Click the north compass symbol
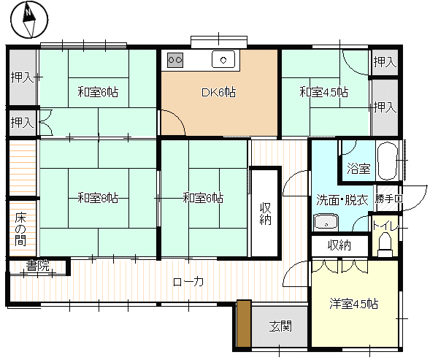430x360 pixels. click(29, 19)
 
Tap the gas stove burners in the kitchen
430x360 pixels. click(175, 60)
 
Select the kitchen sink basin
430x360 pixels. click(223, 59)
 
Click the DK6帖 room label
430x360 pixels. click(218, 93)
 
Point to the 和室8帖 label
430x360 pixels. click(98, 198)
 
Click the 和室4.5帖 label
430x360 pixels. click(324, 92)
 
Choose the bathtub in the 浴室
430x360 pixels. click(388, 161)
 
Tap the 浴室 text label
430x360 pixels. click(358, 168)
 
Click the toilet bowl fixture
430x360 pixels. click(385, 244)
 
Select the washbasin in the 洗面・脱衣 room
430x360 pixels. click(326, 222)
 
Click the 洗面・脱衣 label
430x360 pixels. click(342, 200)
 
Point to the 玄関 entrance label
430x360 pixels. click(280, 326)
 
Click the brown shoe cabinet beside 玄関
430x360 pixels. click(244, 323)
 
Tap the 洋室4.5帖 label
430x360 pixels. click(354, 304)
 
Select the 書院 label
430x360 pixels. click(37, 266)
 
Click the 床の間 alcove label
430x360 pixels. click(20, 229)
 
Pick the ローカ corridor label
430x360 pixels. click(188, 282)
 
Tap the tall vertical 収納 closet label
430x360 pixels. click(266, 213)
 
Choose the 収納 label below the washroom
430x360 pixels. click(339, 245)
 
